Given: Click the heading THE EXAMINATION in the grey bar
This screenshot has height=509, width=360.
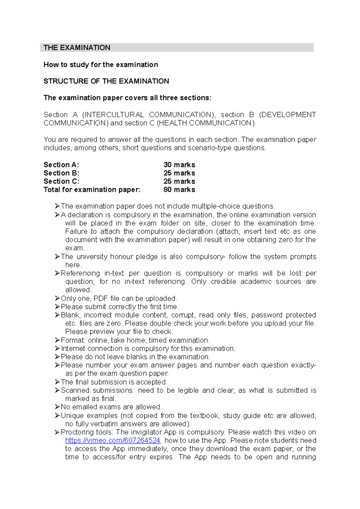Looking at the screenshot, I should pyautogui.click(x=77, y=48).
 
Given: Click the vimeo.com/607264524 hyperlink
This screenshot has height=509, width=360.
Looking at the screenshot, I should pyautogui.click(x=113, y=440).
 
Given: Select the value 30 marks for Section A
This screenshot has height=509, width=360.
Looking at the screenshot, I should pyautogui.click(x=179, y=165).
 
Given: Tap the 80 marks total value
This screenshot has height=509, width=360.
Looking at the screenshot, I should pyautogui.click(x=179, y=189).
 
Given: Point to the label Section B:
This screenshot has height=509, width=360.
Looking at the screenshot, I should pyautogui.click(x=61, y=173).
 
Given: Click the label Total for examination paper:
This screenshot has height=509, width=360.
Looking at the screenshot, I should pyautogui.click(x=92, y=189).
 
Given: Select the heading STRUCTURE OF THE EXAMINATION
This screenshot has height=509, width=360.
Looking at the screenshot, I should pyautogui.click(x=106, y=81).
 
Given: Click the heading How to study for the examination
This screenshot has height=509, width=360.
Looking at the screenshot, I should pyautogui.click(x=101, y=64).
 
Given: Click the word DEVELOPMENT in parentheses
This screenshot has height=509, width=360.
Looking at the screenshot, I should pyautogui.click(x=288, y=115).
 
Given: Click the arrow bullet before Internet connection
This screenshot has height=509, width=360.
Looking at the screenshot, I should pyautogui.click(x=57, y=349).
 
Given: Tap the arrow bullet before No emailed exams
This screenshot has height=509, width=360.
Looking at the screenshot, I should pyautogui.click(x=57, y=407).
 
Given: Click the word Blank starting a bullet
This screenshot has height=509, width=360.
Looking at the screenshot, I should pyautogui.click(x=70, y=315).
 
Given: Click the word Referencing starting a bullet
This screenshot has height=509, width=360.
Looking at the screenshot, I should pyautogui.click(x=80, y=273).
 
